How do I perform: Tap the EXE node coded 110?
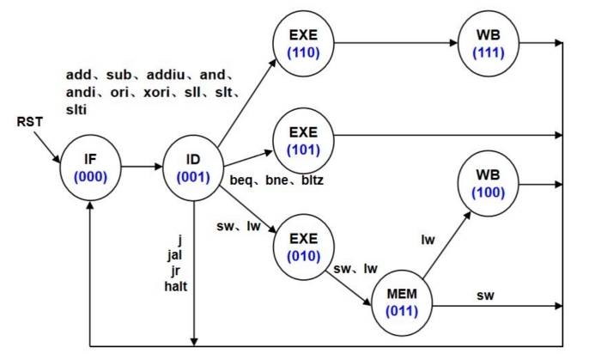[302, 42]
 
